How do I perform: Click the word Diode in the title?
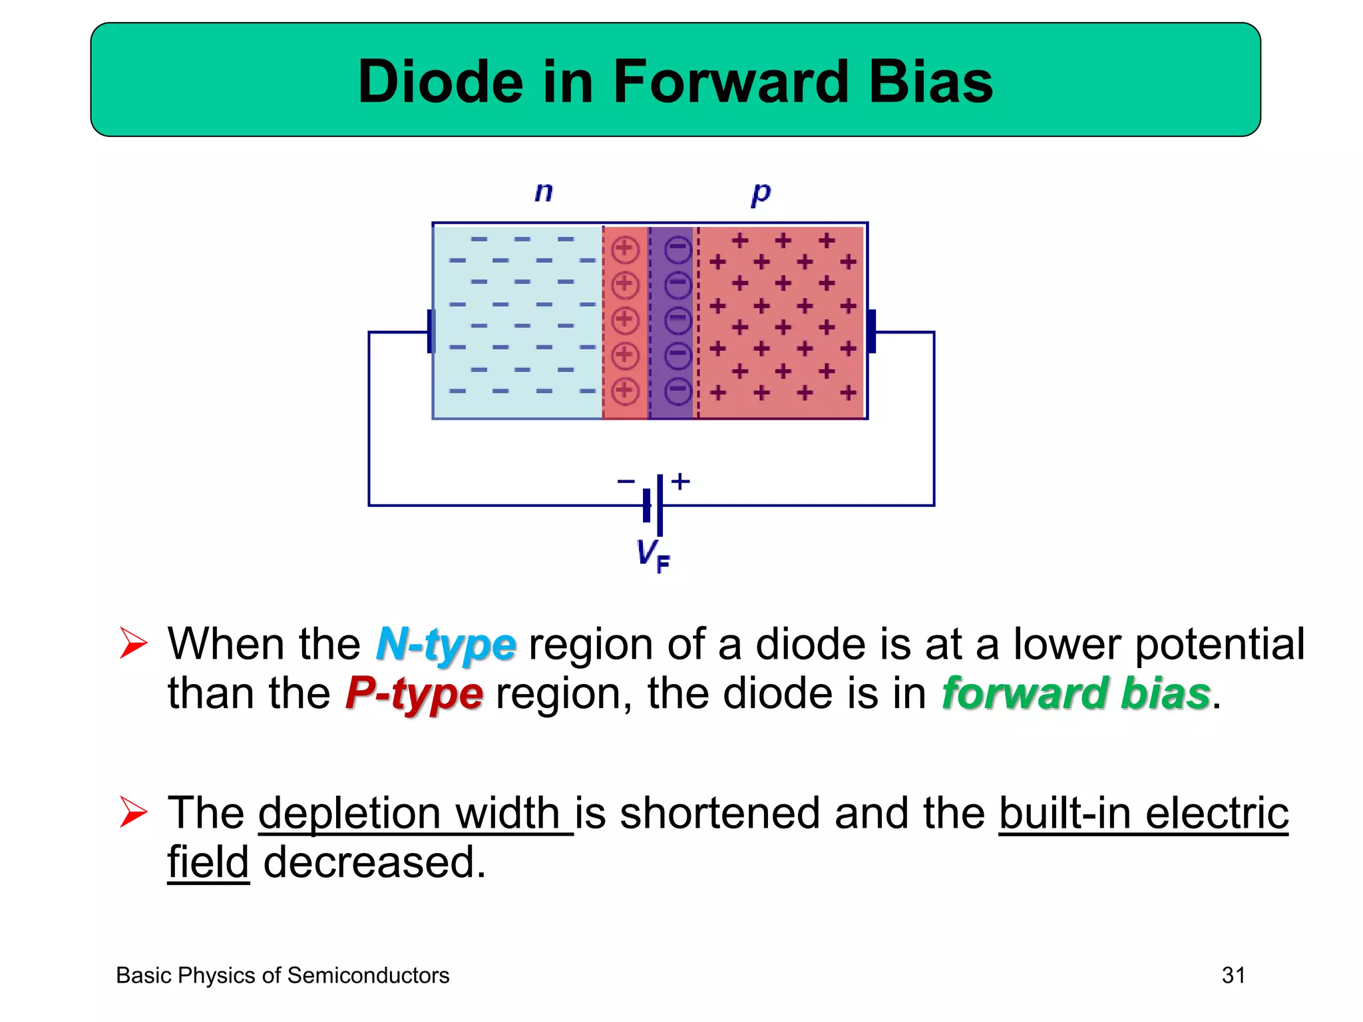pyautogui.click(x=441, y=82)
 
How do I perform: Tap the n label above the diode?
pyautogui.click(x=544, y=192)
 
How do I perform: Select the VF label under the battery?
pyautogui.click(x=653, y=556)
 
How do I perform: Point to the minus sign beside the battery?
pyautogui.click(x=626, y=481)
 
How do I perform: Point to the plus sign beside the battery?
pyautogui.click(x=680, y=480)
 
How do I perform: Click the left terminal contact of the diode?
pyautogui.click(x=431, y=331)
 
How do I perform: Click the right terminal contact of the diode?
pyautogui.click(x=871, y=331)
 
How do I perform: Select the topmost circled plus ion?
pyautogui.click(x=625, y=250)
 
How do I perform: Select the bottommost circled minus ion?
pyautogui.click(x=678, y=391)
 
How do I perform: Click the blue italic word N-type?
pyautogui.click(x=446, y=645)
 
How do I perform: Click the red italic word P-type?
pyautogui.click(x=414, y=694)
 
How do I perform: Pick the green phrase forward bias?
pyautogui.click(x=1075, y=694)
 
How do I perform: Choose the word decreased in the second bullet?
pyautogui.click(x=375, y=863)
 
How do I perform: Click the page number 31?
pyautogui.click(x=1233, y=975)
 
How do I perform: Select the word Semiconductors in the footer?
pyautogui.click(x=368, y=975)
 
